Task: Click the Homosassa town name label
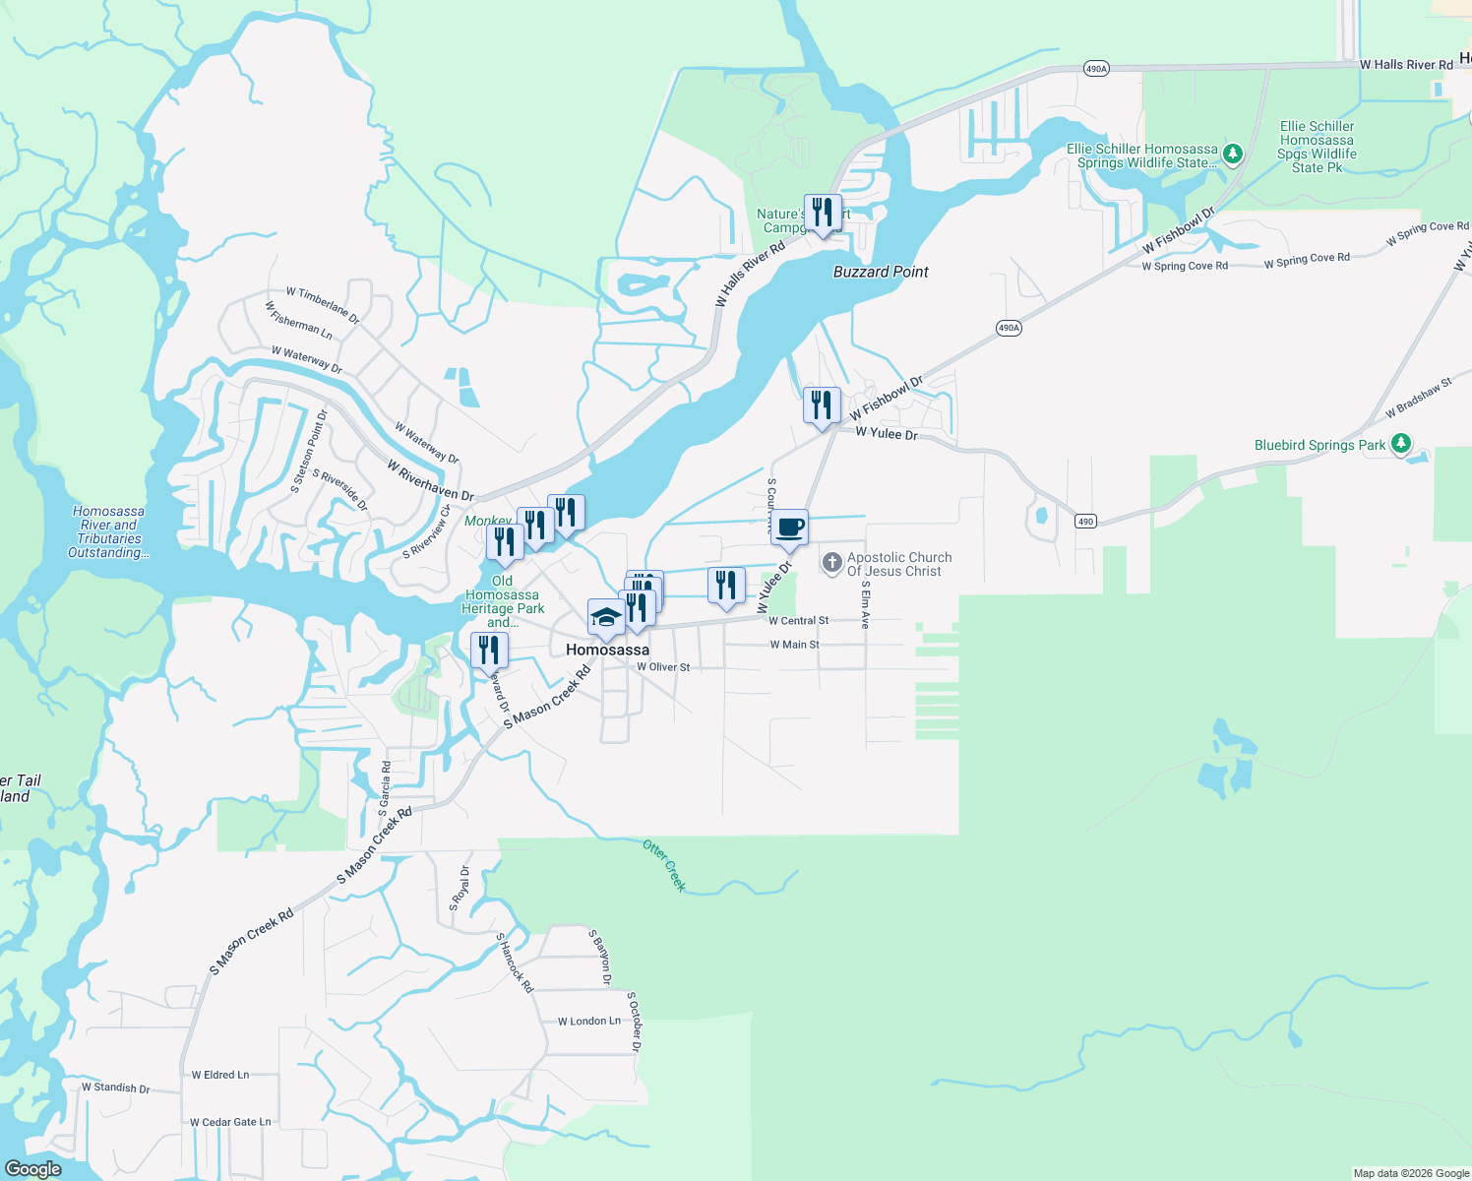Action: (x=607, y=650)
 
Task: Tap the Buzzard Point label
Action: (x=881, y=272)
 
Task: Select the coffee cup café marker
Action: (x=789, y=528)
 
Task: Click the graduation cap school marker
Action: (x=606, y=618)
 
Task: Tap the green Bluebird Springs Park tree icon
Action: (x=1401, y=444)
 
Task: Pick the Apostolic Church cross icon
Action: (x=831, y=563)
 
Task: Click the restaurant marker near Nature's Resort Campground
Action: (x=823, y=214)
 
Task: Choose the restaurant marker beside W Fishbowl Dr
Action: (x=822, y=405)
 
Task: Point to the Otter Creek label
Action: (x=664, y=865)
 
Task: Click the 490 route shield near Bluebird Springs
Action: (x=1085, y=522)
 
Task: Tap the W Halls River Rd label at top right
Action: (x=1406, y=65)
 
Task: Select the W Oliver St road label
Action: (x=663, y=667)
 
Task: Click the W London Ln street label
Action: (x=589, y=1022)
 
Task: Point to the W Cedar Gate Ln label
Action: (x=230, y=1122)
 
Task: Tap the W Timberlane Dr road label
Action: (x=323, y=305)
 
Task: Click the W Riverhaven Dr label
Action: (x=430, y=480)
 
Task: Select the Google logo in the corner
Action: (x=32, y=1169)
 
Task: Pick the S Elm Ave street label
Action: (x=866, y=604)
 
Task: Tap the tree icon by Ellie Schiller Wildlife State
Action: (x=1232, y=155)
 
